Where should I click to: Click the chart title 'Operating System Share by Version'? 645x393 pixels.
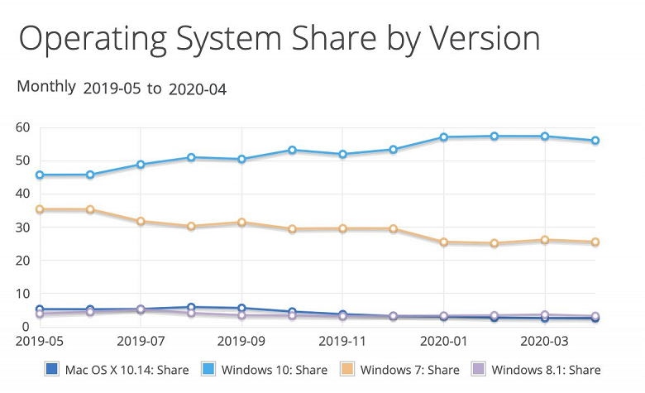(279, 40)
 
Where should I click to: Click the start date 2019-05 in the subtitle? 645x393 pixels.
(112, 89)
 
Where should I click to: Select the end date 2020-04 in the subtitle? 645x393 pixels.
(198, 89)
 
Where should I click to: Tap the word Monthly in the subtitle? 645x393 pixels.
(46, 87)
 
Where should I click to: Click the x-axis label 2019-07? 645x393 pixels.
(141, 340)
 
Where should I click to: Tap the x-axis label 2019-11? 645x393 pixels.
(342, 340)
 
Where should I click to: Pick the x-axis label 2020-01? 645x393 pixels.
(444, 340)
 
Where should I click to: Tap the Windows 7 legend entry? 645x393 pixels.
(403, 370)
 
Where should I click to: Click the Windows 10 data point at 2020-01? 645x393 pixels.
(444, 137)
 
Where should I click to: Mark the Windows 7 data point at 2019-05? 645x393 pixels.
(40, 210)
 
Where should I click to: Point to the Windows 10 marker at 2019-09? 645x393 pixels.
(241, 159)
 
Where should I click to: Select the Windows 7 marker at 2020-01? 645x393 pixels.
(444, 242)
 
